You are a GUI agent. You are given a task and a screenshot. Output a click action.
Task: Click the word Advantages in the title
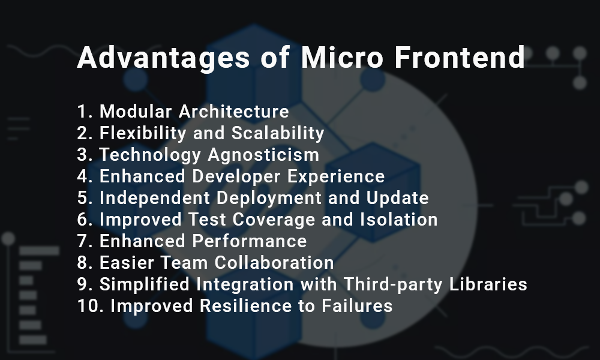point(163,58)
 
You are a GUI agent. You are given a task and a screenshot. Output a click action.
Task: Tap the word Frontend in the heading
point(460,57)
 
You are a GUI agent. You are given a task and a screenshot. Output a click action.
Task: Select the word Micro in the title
point(342,57)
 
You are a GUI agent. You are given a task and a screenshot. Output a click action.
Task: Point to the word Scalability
point(278,133)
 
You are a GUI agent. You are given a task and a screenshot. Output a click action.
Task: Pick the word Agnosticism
point(263,155)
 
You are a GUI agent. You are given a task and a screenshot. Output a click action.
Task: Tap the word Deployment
point(269,198)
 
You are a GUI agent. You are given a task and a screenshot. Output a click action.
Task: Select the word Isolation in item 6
point(399,220)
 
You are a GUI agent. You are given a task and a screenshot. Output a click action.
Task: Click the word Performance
point(249,241)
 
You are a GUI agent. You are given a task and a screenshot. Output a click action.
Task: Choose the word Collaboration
point(274,263)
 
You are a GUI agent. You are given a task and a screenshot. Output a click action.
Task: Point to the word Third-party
point(393,284)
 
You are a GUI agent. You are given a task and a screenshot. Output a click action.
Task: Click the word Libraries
point(488,284)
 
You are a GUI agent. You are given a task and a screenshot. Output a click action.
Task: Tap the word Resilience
point(245,306)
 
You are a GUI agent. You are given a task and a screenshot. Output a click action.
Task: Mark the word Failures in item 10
point(357,306)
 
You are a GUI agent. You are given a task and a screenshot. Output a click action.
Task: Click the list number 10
point(91,306)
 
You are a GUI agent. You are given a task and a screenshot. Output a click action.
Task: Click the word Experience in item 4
point(336,176)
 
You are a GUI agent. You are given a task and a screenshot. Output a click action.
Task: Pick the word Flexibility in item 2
point(143,133)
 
